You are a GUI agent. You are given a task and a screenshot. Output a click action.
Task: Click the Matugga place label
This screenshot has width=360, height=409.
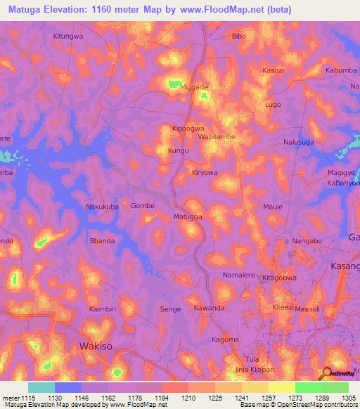coord(188,217)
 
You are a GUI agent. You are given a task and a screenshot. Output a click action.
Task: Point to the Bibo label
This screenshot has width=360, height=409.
coord(239,35)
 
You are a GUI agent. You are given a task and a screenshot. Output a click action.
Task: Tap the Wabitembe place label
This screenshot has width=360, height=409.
coord(217,138)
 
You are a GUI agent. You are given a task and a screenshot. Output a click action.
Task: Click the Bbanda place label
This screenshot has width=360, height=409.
coord(102,241)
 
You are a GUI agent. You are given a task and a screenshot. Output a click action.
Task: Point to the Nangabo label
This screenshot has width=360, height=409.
coord(307,241)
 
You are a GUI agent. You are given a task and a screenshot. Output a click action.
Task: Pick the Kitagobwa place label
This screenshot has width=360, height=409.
coord(281,278)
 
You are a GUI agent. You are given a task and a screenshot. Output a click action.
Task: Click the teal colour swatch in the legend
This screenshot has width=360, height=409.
coord(41,387)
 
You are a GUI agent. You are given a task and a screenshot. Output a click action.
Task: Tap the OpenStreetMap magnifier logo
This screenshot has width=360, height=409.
coord(326,372)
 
